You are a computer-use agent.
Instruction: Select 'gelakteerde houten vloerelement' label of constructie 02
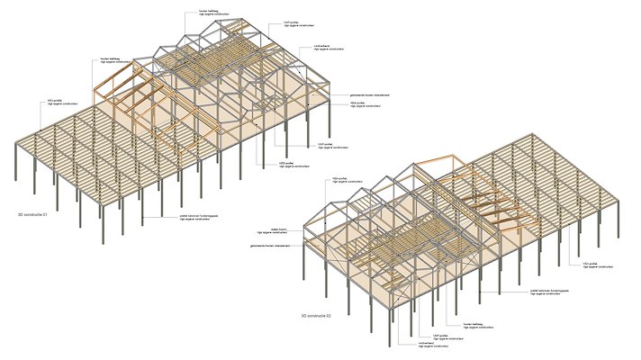(x=267, y=246)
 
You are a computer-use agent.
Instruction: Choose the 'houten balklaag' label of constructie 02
(x=476, y=321)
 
